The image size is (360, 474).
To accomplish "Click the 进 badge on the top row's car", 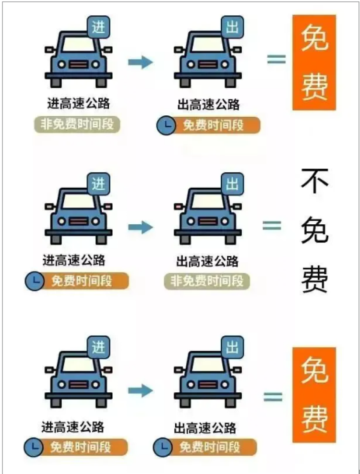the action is point(98,27).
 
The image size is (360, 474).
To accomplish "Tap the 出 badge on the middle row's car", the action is point(232,184).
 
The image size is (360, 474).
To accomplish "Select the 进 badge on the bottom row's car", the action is point(98,347).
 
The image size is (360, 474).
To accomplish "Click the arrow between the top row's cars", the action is point(141,62).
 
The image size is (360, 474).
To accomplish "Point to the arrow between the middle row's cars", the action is point(141,227).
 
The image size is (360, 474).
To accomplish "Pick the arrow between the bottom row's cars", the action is point(141,390).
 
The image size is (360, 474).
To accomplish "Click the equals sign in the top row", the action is point(276,59).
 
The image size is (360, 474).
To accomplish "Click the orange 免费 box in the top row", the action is point(314,62).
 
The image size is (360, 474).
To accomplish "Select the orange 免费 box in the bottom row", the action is point(314,395).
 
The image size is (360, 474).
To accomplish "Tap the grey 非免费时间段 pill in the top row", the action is point(77,124).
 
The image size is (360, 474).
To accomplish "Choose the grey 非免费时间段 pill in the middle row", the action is point(207,281).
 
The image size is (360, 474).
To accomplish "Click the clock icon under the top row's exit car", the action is point(166,125).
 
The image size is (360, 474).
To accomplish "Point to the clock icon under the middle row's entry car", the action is point(35,281).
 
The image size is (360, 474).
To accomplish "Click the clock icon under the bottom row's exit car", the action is point(163,447).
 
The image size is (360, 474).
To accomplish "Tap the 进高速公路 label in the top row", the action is point(79,103).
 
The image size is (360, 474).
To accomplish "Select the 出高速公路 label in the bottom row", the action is point(205,428).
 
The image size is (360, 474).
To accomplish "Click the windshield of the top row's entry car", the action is point(79,44).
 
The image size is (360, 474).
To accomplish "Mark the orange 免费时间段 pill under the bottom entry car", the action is point(76,447).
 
